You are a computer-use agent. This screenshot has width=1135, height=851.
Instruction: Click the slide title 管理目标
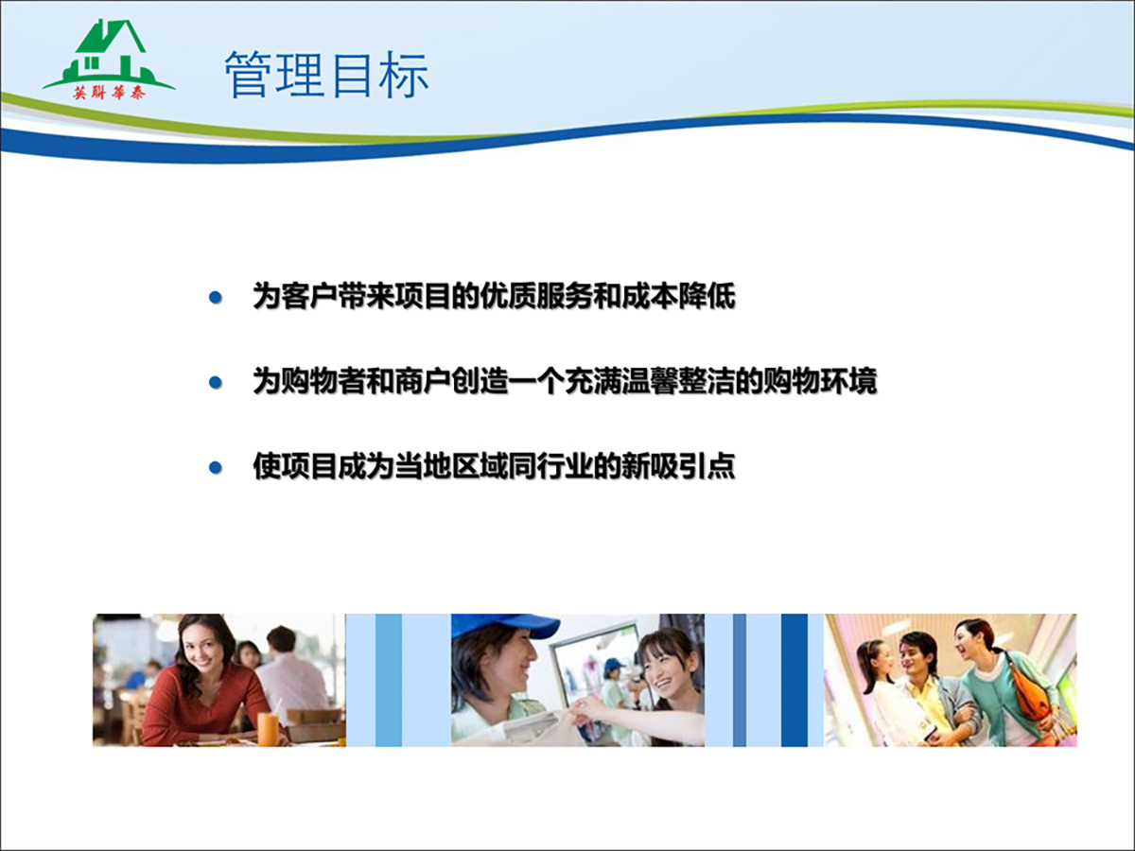click(326, 75)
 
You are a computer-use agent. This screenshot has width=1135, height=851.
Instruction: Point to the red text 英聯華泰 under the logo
click(110, 93)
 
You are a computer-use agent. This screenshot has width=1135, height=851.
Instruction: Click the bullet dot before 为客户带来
click(215, 297)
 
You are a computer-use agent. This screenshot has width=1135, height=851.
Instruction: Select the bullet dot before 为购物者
click(215, 382)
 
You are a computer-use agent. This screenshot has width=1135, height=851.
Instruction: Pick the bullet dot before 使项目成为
click(215, 468)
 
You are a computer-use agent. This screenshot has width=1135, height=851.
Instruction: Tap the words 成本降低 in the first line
click(678, 297)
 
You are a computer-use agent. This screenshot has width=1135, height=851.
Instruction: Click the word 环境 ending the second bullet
click(849, 382)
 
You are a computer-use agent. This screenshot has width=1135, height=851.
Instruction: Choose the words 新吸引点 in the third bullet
click(678, 466)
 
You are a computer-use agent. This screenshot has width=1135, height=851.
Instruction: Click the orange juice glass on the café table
click(268, 729)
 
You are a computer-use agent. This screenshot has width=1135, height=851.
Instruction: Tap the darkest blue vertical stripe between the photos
click(794, 680)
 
